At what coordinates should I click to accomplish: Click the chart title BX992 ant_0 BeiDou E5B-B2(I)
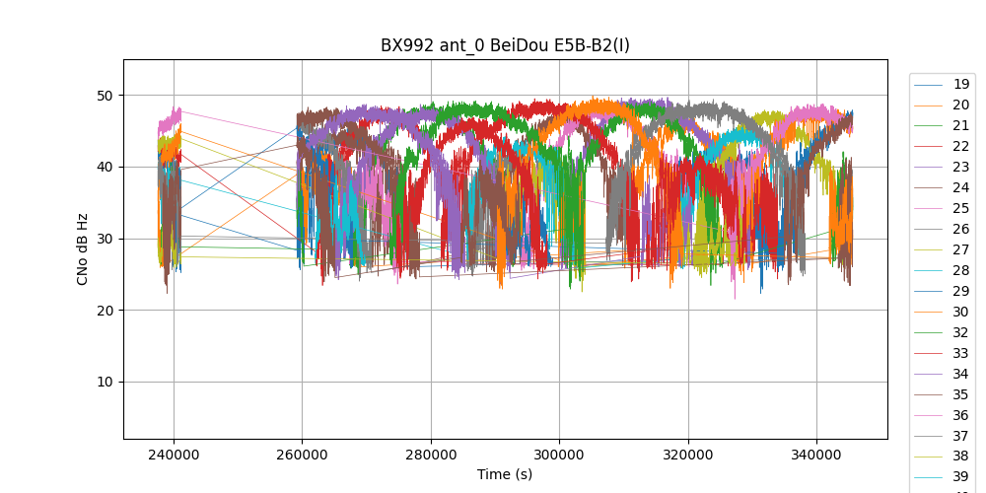point(505,45)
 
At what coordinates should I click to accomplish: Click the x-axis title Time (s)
point(505,474)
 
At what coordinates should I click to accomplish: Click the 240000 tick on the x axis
point(174,454)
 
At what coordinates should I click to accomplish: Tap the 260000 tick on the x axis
point(303,454)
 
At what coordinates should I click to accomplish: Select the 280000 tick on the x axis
point(431,454)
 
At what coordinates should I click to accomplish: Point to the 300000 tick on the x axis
point(560,454)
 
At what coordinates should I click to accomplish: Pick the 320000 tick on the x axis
point(688,454)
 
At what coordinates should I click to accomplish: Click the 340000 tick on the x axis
point(817,454)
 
